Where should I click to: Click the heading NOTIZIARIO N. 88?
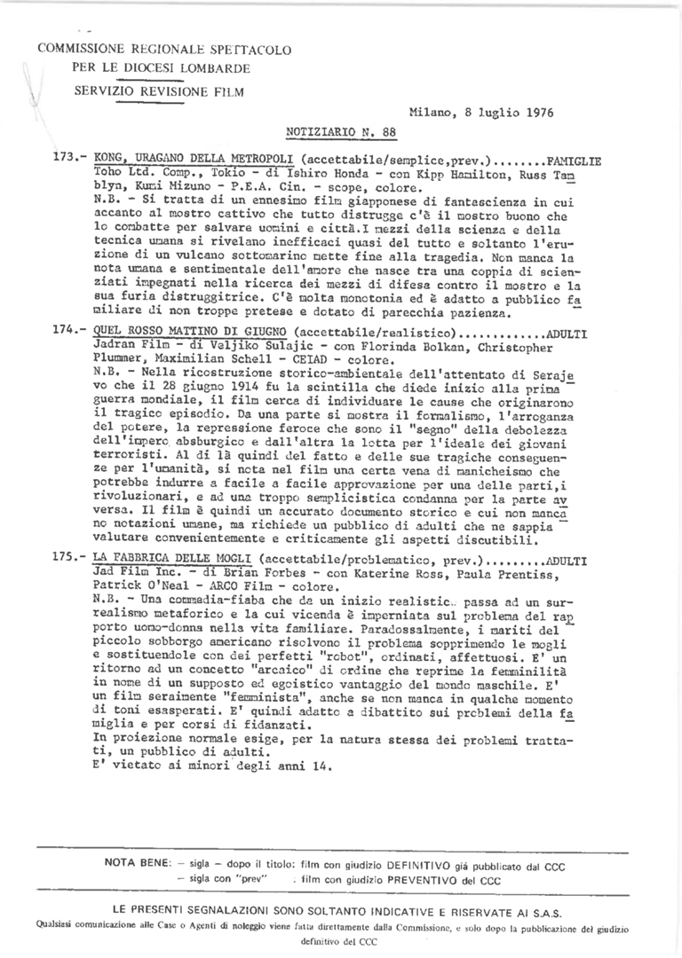click(341, 131)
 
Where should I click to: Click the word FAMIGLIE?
click(574, 161)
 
